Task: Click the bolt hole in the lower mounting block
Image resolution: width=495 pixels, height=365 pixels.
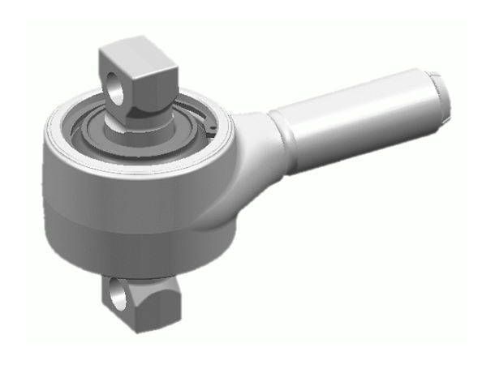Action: coord(119,295)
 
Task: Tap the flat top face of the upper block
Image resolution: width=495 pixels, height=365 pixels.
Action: coord(135,55)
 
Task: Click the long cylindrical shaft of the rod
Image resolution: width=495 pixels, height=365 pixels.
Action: coord(357,122)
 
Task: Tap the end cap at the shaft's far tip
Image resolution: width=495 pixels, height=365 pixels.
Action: coord(440,93)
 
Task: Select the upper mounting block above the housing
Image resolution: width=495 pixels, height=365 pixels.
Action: coord(136,77)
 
